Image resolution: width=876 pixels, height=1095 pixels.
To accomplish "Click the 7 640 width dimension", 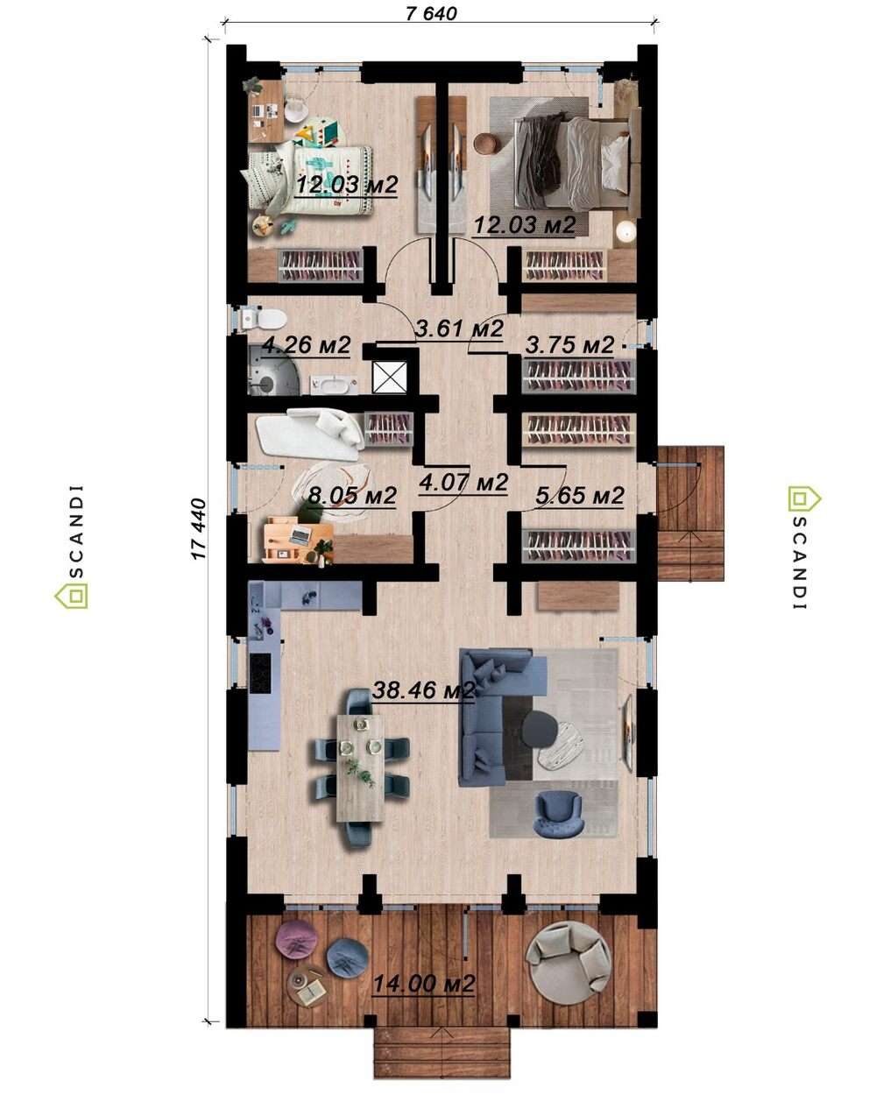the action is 431,13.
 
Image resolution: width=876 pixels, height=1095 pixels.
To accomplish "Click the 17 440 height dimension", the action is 199,529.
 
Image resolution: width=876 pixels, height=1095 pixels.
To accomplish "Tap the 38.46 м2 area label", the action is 423,690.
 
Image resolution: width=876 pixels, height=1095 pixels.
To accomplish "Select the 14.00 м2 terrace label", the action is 423,982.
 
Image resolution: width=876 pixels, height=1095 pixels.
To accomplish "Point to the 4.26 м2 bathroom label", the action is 306,345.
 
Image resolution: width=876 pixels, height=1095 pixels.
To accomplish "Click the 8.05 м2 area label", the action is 352,495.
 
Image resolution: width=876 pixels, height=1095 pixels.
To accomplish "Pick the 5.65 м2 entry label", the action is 580,495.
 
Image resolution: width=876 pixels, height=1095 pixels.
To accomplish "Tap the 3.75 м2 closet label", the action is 569,345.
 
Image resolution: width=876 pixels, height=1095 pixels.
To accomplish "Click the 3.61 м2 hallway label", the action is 460,328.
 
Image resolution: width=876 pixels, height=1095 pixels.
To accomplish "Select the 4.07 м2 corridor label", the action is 463,481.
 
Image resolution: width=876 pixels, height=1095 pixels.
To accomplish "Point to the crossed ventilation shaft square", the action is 389,378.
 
